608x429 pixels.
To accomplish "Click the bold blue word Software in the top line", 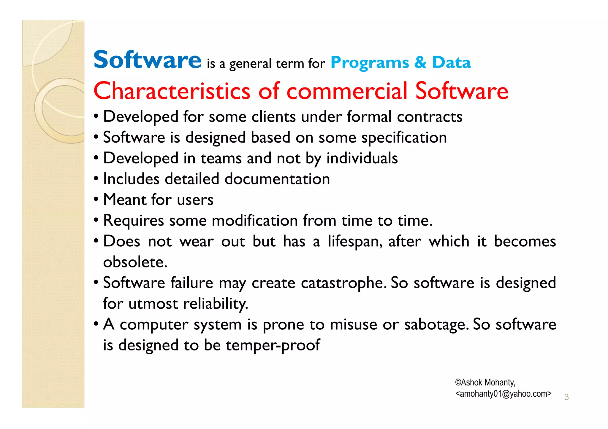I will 147,60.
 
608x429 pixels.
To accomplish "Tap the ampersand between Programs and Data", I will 420,63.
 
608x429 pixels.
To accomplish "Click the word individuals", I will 362,158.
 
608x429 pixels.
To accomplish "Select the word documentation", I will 277,179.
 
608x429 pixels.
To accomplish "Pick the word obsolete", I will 135,262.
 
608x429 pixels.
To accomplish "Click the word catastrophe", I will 343,283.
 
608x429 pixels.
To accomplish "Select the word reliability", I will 215,304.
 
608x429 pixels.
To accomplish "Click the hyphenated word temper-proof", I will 273,345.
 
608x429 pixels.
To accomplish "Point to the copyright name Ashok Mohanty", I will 485,382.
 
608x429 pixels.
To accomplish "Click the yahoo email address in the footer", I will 503,394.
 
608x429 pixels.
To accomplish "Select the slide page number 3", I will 566,397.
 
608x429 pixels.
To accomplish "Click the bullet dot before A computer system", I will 96,323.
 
